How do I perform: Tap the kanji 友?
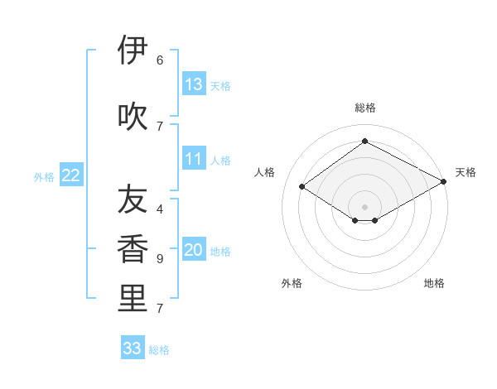pos(133,200)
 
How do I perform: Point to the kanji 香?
pos(133,249)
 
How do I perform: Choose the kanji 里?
pos(133,298)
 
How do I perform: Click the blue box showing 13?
pos(194,84)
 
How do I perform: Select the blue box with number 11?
pos(194,159)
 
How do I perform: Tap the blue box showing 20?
pos(194,250)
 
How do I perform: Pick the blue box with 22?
pos(71,175)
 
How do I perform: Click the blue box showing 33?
pos(133,348)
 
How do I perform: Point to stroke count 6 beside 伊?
pos(160,60)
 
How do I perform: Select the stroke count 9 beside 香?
pos(160,259)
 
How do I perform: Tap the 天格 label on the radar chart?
pos(466,172)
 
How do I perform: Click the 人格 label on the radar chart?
pos(265,172)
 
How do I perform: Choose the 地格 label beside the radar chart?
pos(434,283)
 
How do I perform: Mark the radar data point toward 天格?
pos(444,181)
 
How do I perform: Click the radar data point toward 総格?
pos(364,142)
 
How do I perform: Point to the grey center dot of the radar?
pos(364,206)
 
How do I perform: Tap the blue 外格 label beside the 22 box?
pos(44,176)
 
